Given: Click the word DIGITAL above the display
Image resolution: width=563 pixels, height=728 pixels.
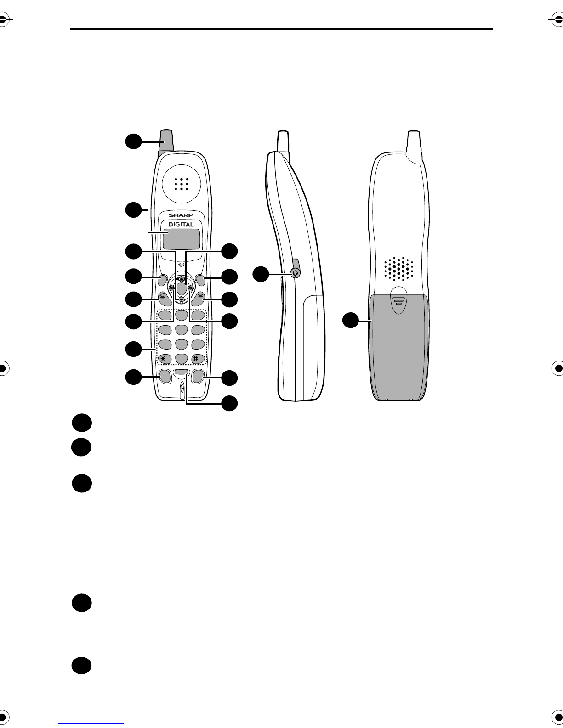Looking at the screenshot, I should (181, 224).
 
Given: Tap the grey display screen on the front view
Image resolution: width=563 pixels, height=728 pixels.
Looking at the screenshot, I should (181, 238).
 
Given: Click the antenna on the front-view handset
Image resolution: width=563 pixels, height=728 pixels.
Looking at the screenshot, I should (166, 141).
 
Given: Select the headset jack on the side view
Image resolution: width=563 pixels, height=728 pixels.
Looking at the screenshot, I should (296, 272).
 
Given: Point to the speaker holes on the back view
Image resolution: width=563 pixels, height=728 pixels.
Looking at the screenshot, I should (399, 269).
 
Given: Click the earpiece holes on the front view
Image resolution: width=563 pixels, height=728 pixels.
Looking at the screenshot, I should (182, 184).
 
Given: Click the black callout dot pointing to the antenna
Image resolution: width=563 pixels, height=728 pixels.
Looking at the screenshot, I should (133, 141).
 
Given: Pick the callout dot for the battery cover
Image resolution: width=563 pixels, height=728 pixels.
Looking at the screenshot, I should (352, 320).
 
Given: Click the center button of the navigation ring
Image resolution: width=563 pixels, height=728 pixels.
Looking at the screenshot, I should (182, 289).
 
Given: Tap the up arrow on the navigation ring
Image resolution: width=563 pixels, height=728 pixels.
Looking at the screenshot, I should (182, 279).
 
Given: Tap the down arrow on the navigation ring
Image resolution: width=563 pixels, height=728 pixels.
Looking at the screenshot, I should (182, 299).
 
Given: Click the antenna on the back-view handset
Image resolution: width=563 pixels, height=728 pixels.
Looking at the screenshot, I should (414, 142).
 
